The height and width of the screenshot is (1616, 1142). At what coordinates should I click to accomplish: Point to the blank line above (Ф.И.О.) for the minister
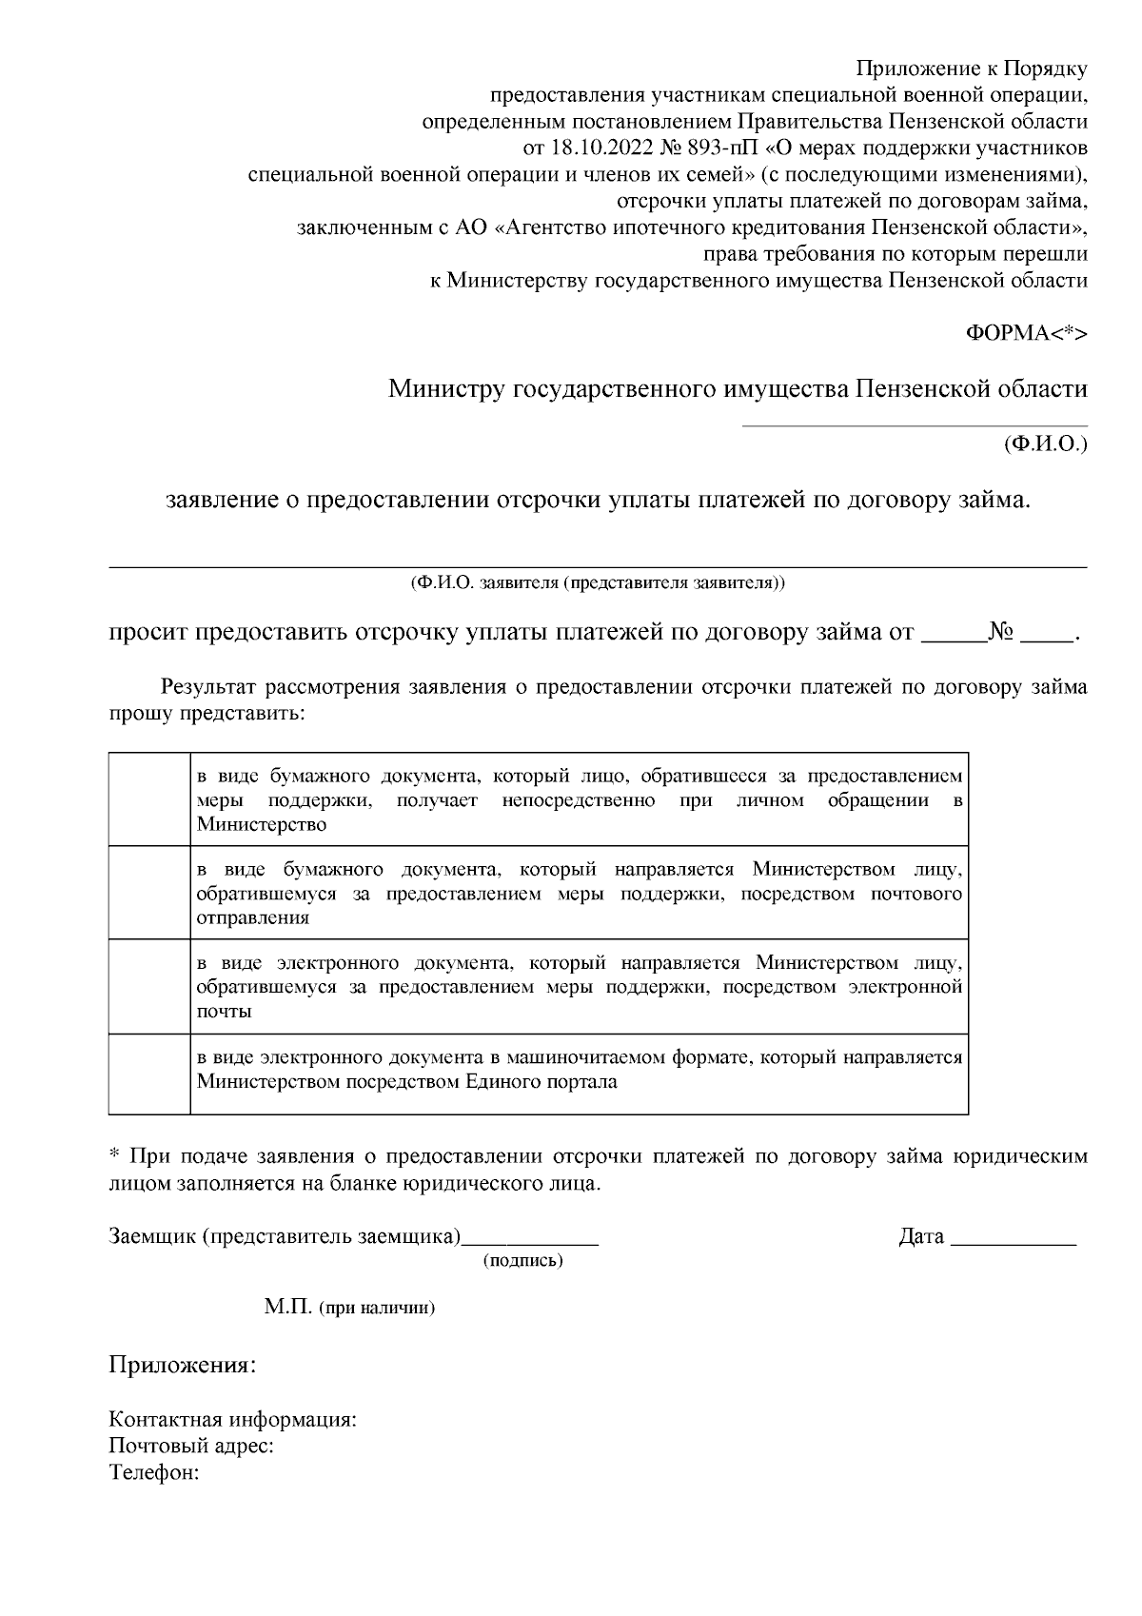[x=914, y=424]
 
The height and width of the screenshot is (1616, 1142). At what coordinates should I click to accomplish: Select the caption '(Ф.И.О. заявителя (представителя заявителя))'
[x=598, y=582]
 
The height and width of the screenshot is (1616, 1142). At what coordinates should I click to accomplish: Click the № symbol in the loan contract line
[x=1001, y=633]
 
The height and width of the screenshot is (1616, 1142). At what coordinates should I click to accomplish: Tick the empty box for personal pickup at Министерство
[x=149, y=799]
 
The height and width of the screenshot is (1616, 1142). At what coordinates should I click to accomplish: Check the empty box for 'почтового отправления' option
[x=149, y=893]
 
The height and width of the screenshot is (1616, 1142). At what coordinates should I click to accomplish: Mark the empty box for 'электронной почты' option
[x=149, y=986]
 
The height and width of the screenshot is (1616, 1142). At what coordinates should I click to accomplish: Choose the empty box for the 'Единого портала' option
[x=149, y=1074]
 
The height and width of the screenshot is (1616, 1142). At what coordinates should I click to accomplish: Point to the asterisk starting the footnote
[x=114, y=1155]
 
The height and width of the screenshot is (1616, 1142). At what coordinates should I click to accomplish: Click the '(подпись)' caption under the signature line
[x=523, y=1261]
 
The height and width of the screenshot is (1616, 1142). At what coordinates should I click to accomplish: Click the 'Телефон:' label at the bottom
[x=154, y=1472]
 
